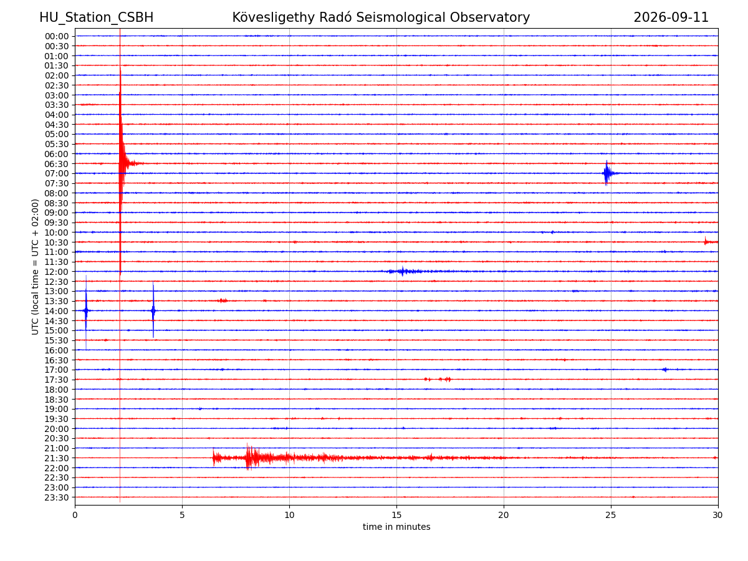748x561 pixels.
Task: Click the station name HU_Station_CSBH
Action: [96, 17]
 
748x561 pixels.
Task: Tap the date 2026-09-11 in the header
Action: [671, 17]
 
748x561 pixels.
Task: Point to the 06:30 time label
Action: [57, 164]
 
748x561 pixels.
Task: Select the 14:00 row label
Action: [57, 311]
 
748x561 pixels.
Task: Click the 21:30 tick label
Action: [57, 458]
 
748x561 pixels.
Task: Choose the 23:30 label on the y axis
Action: [57, 497]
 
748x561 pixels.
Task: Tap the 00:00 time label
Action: [57, 36]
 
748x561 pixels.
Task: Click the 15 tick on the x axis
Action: [396, 515]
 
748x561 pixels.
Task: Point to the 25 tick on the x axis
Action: [610, 515]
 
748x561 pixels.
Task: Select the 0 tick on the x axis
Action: [75, 515]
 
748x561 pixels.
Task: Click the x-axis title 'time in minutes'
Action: [396, 527]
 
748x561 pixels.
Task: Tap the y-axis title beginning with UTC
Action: [35, 267]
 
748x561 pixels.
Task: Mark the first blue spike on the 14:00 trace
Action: [86, 310]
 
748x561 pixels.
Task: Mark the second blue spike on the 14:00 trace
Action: [153, 310]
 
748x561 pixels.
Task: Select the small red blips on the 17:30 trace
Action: [438, 379]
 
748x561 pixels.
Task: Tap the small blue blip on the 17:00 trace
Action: [664, 370]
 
